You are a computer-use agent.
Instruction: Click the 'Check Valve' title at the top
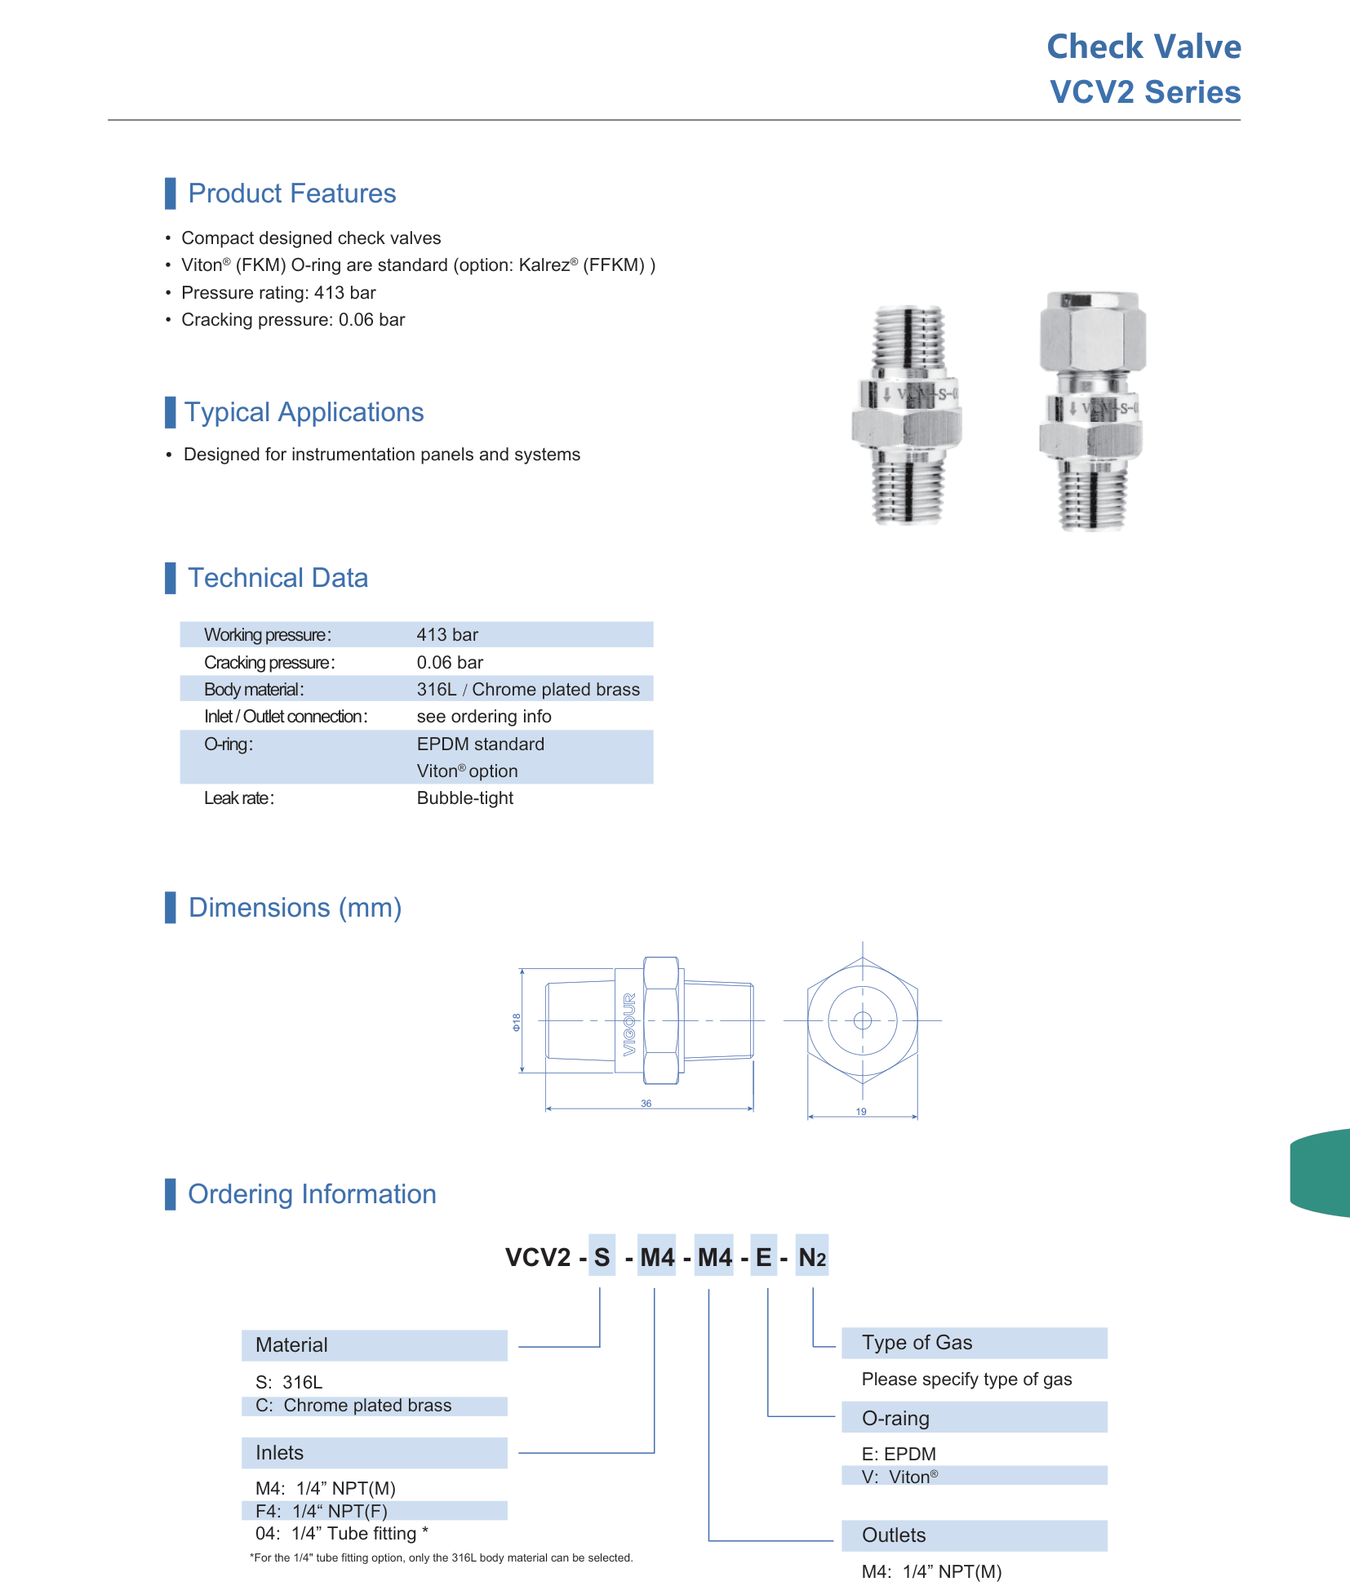click(1144, 47)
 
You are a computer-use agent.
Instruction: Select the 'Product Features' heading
click(292, 193)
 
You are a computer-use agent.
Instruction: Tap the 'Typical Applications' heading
click(304, 412)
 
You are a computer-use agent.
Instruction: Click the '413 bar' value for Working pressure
click(447, 635)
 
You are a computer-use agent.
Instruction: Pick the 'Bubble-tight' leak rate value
click(465, 798)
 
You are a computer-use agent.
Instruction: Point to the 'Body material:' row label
click(254, 690)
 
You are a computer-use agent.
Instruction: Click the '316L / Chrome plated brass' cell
click(528, 690)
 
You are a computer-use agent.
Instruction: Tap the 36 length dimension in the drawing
click(646, 1104)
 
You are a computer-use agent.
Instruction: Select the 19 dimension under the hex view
click(861, 1112)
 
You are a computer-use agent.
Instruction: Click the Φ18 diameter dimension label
click(516, 1022)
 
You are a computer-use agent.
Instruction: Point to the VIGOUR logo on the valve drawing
click(629, 1024)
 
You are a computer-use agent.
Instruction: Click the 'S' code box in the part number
click(602, 1257)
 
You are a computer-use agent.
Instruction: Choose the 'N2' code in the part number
click(812, 1257)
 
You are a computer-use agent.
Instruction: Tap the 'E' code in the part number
click(764, 1257)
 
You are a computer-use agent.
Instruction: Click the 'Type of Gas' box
click(975, 1343)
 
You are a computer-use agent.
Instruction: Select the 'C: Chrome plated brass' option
click(353, 1406)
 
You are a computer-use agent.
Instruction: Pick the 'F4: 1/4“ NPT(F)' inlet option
click(322, 1511)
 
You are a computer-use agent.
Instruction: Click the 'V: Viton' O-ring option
click(900, 1477)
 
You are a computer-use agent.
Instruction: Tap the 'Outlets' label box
click(975, 1535)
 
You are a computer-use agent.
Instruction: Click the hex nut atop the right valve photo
click(1092, 332)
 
